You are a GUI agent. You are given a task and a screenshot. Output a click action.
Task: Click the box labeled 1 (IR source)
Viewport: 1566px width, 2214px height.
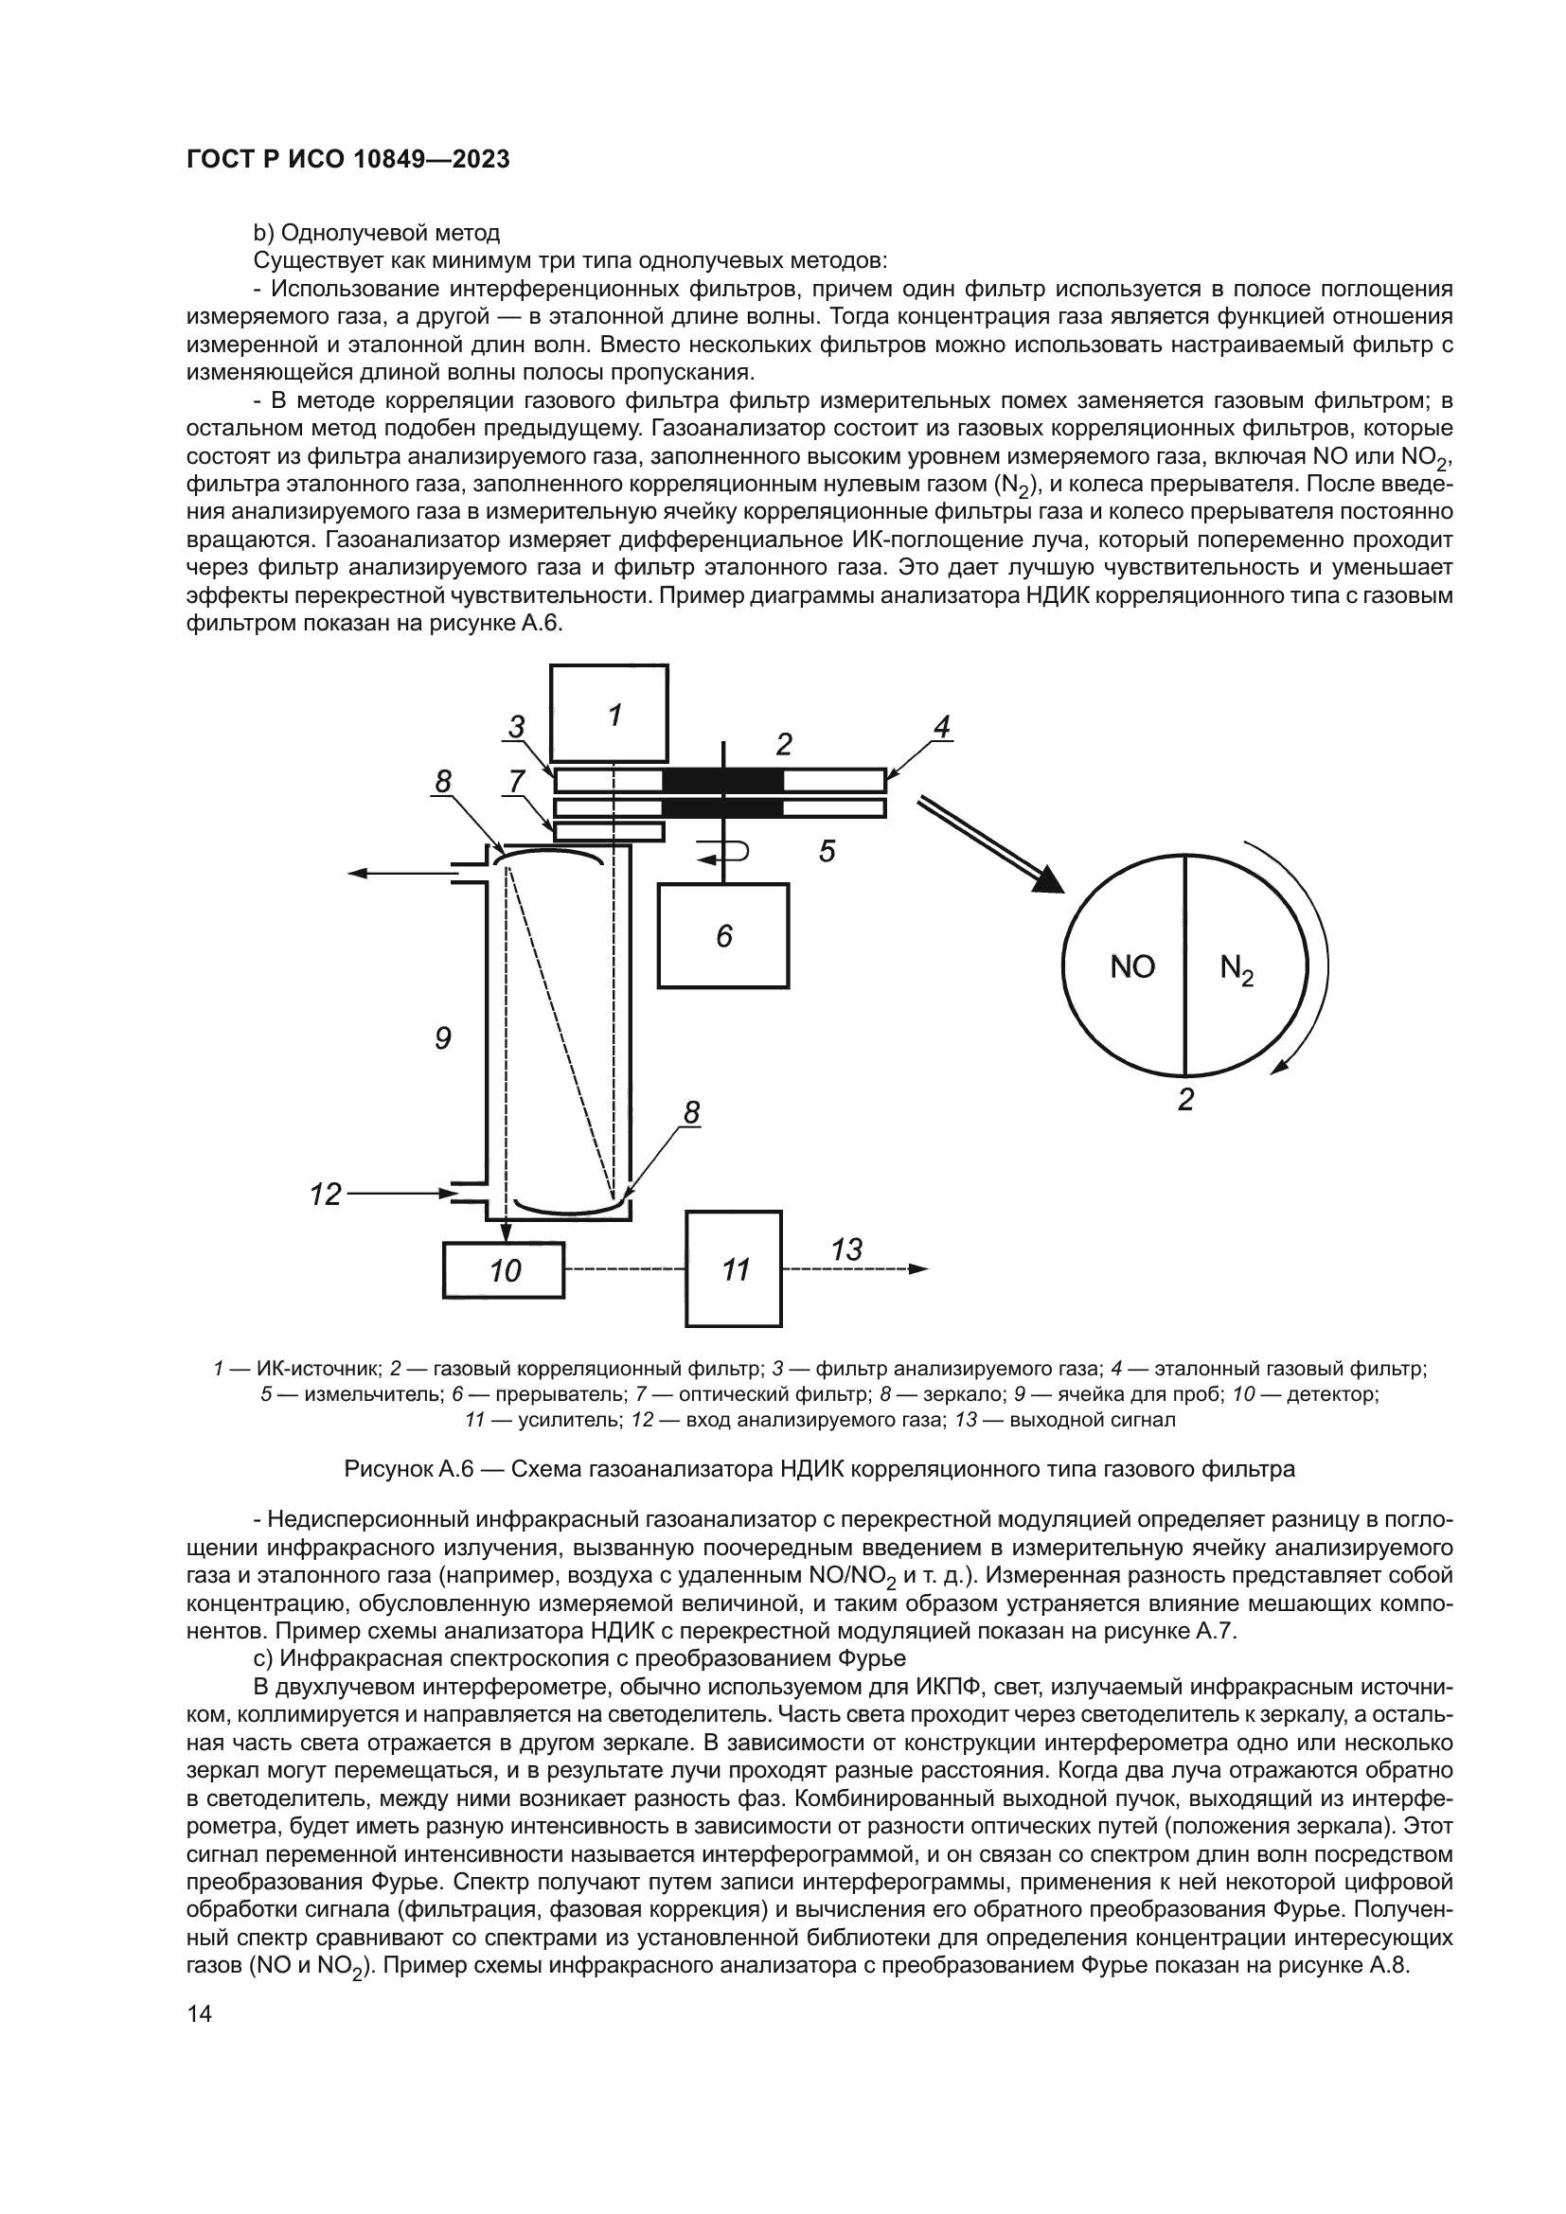pos(610,715)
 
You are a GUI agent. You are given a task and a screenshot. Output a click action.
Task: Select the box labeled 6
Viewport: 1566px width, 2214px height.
pos(723,935)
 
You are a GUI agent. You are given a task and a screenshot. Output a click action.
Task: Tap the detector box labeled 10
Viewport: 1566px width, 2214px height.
pos(505,1270)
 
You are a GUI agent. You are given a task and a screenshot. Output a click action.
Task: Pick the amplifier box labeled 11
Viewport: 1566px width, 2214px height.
pos(734,1269)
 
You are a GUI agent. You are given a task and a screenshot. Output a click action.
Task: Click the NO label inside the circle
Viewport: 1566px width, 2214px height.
pos(1132,967)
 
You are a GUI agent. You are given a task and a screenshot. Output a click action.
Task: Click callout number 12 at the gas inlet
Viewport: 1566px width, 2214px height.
pos(326,1195)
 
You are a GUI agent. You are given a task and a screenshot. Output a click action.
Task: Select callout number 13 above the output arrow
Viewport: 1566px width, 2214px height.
pos(845,1249)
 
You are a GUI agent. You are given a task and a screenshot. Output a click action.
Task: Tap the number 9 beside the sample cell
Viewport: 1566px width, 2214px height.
pos(442,1037)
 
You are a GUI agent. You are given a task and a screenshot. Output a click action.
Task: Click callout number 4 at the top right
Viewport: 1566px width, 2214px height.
pos(942,727)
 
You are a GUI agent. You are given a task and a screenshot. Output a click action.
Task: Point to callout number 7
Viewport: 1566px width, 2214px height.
pos(517,781)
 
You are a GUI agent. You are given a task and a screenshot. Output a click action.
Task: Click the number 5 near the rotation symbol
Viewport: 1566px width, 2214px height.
pos(827,852)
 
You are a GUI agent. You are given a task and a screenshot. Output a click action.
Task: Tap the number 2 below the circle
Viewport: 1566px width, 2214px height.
pos(1186,1099)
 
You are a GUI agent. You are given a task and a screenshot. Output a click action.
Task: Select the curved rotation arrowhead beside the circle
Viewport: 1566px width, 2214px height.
pos(1280,1065)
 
